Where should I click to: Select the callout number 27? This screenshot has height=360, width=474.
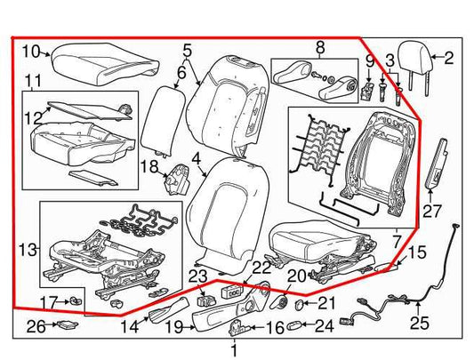coord(431,211)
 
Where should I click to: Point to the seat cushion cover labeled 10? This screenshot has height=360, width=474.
coord(98,63)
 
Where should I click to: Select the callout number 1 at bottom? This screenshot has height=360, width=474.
coord(234,351)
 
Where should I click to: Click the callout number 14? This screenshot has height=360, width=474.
coord(131,326)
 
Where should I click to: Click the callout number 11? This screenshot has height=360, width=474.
coord(32,83)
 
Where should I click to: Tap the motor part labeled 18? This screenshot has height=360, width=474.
coord(177,179)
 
